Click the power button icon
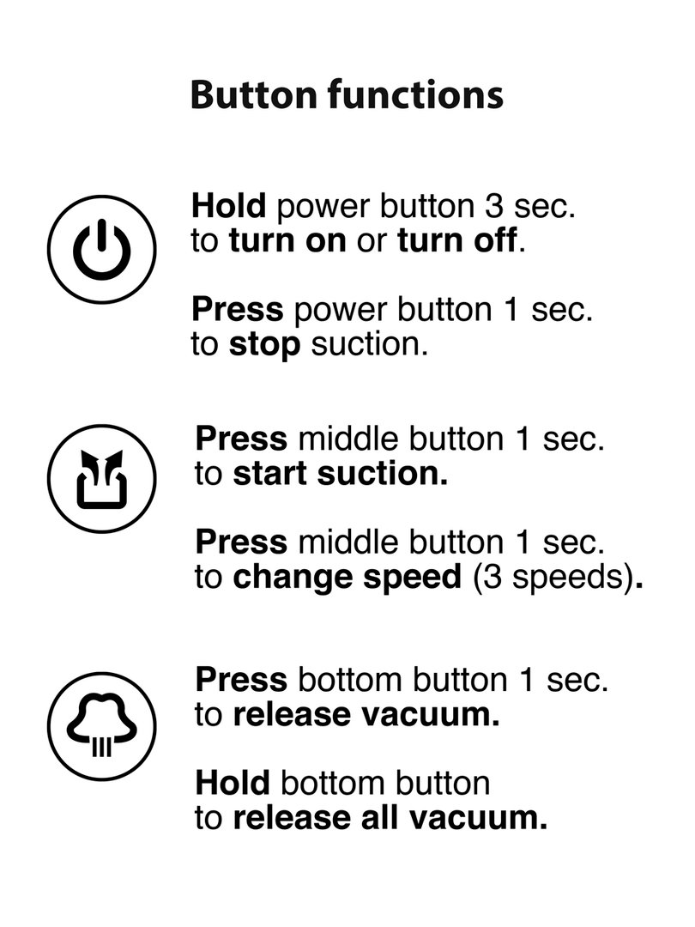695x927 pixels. pyautogui.click(x=101, y=250)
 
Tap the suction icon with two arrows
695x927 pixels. pyautogui.click(x=101, y=479)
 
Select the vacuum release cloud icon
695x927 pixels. pyautogui.click(x=101, y=726)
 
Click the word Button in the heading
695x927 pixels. pyautogui.click(x=254, y=94)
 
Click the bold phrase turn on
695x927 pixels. pyautogui.click(x=287, y=240)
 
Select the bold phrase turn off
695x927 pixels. pyautogui.click(x=457, y=240)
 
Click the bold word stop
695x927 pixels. pyautogui.click(x=264, y=345)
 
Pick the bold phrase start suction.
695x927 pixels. pyautogui.click(x=341, y=474)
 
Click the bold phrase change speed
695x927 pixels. pyautogui.click(x=347, y=578)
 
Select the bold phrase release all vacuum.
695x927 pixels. pyautogui.click(x=390, y=818)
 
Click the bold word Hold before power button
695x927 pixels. pyautogui.click(x=229, y=206)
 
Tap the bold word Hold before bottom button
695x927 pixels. pyautogui.click(x=233, y=783)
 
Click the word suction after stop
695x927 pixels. pyautogui.click(x=369, y=345)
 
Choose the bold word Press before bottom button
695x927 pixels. pyautogui.click(x=241, y=680)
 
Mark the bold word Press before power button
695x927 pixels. pyautogui.click(x=238, y=310)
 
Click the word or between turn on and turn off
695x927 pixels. pyautogui.click(x=372, y=242)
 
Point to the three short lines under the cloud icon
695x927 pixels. pyautogui.click(x=101, y=748)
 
